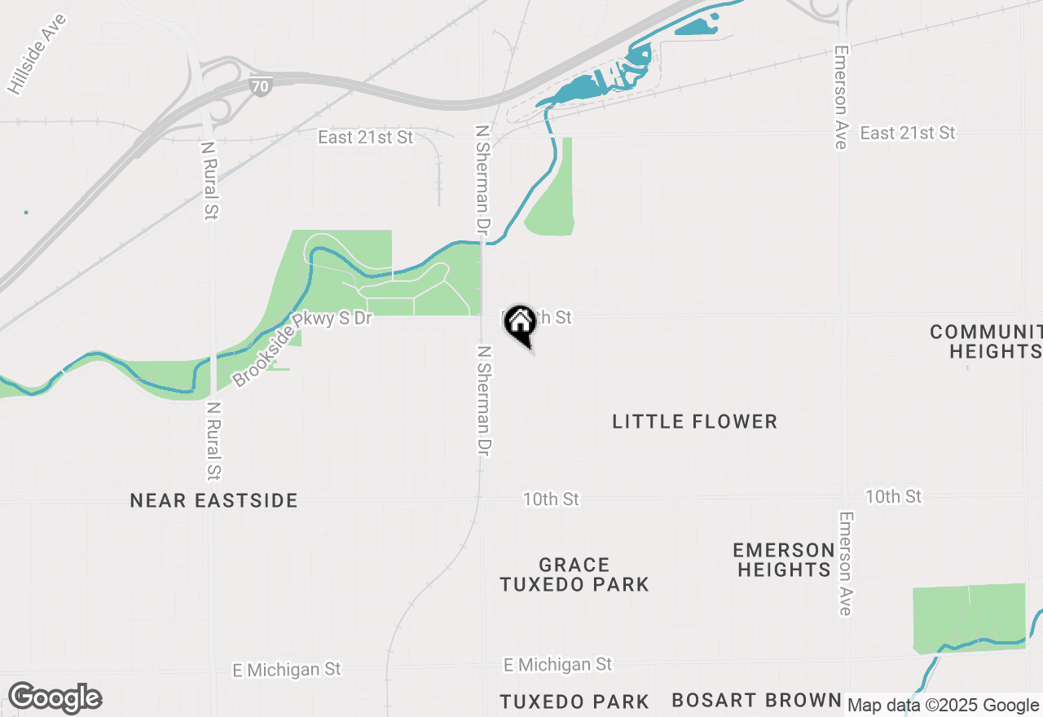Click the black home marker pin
click(520, 324)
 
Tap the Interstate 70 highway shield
click(261, 84)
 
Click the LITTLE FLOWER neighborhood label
click(694, 421)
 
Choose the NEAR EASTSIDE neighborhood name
click(213, 500)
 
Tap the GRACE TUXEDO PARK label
click(574, 574)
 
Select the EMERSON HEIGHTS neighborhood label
click(784, 559)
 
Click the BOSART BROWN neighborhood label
click(756, 700)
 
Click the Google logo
click(55, 698)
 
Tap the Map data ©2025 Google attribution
click(943, 705)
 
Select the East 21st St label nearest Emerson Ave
click(907, 133)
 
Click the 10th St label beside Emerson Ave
click(893, 496)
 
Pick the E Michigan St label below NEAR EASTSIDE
click(287, 670)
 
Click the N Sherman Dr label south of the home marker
click(484, 400)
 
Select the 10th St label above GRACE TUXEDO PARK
click(551, 499)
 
